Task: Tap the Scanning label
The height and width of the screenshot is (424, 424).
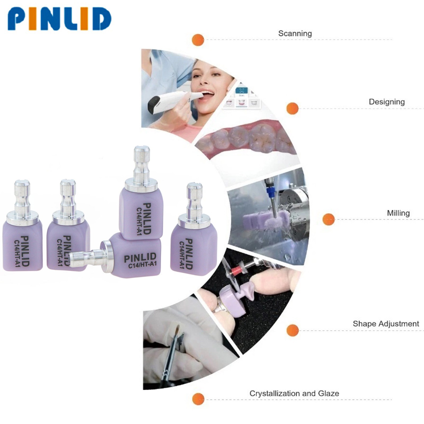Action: click(295, 34)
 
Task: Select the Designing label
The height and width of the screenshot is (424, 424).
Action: click(387, 102)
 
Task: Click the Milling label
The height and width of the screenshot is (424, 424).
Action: click(398, 213)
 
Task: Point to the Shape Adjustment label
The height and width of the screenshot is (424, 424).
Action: click(386, 324)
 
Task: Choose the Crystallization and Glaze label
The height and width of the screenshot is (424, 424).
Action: click(294, 393)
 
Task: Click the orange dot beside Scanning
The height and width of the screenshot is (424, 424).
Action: click(198, 40)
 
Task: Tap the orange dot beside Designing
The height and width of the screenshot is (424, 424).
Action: click(293, 108)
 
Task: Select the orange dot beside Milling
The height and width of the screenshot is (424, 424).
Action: click(329, 219)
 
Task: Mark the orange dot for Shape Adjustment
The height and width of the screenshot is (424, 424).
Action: click(293, 330)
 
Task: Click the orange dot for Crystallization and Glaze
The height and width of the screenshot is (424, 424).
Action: click(198, 399)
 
